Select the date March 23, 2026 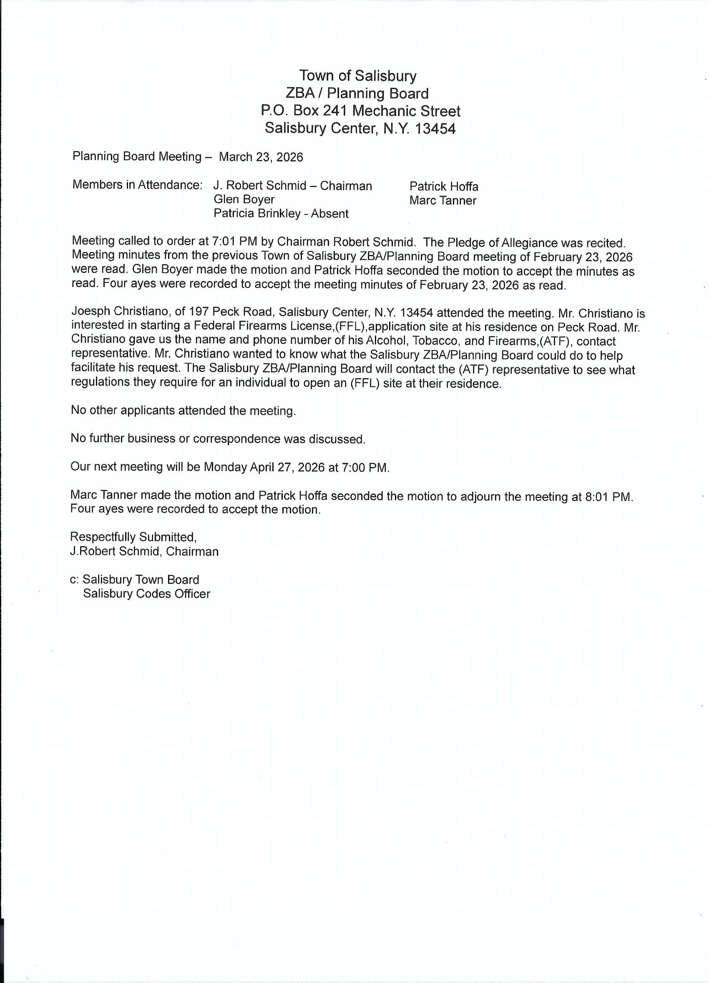tap(261, 157)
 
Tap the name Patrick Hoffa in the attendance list tap(443, 187)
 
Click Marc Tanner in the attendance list tap(442, 201)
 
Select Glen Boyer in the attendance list tap(244, 199)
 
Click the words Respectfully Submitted tap(133, 537)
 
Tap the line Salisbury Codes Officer tap(146, 594)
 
